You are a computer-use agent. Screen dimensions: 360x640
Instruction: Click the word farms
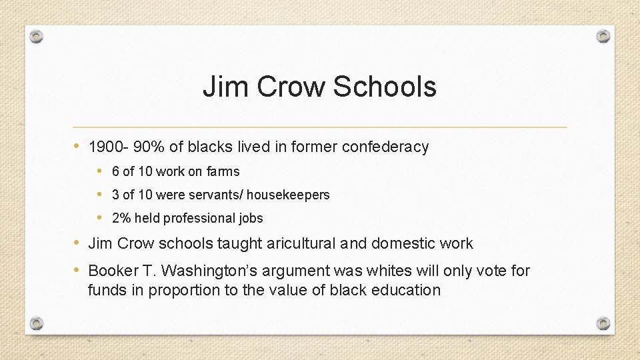[223, 171]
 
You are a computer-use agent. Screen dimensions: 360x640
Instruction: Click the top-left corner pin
[37, 36]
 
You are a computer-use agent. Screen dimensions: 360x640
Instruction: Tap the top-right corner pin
[603, 36]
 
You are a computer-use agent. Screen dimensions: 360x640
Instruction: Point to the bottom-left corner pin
[37, 324]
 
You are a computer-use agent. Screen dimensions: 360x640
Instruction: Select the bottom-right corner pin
[603, 324]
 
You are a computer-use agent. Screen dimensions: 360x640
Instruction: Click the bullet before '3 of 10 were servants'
[99, 194]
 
